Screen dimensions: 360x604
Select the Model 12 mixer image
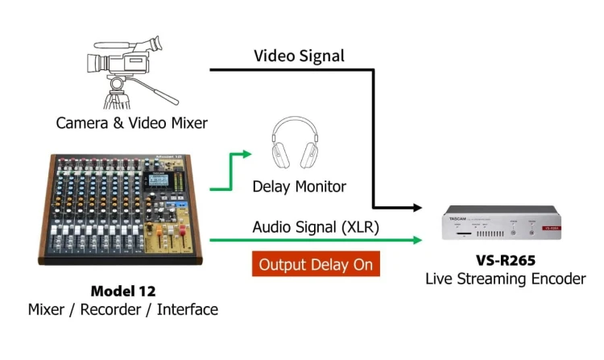(x=121, y=209)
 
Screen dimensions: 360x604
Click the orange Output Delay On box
(x=315, y=264)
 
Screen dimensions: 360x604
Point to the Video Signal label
(x=299, y=56)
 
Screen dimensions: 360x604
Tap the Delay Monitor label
(x=299, y=187)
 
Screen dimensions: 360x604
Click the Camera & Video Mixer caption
(x=131, y=123)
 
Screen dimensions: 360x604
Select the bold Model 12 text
(x=122, y=292)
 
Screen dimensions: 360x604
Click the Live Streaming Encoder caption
(x=505, y=279)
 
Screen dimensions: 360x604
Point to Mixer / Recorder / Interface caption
(x=122, y=309)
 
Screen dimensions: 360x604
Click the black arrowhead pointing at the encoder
(x=416, y=208)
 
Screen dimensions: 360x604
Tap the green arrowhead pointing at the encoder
(x=416, y=239)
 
